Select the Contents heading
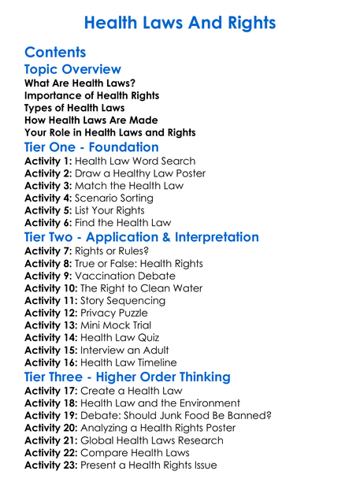pos(55,53)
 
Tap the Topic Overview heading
pos(72,70)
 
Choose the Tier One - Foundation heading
pos(91,147)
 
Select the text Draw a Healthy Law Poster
pos(140,173)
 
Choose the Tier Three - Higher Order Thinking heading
pos(128,377)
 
